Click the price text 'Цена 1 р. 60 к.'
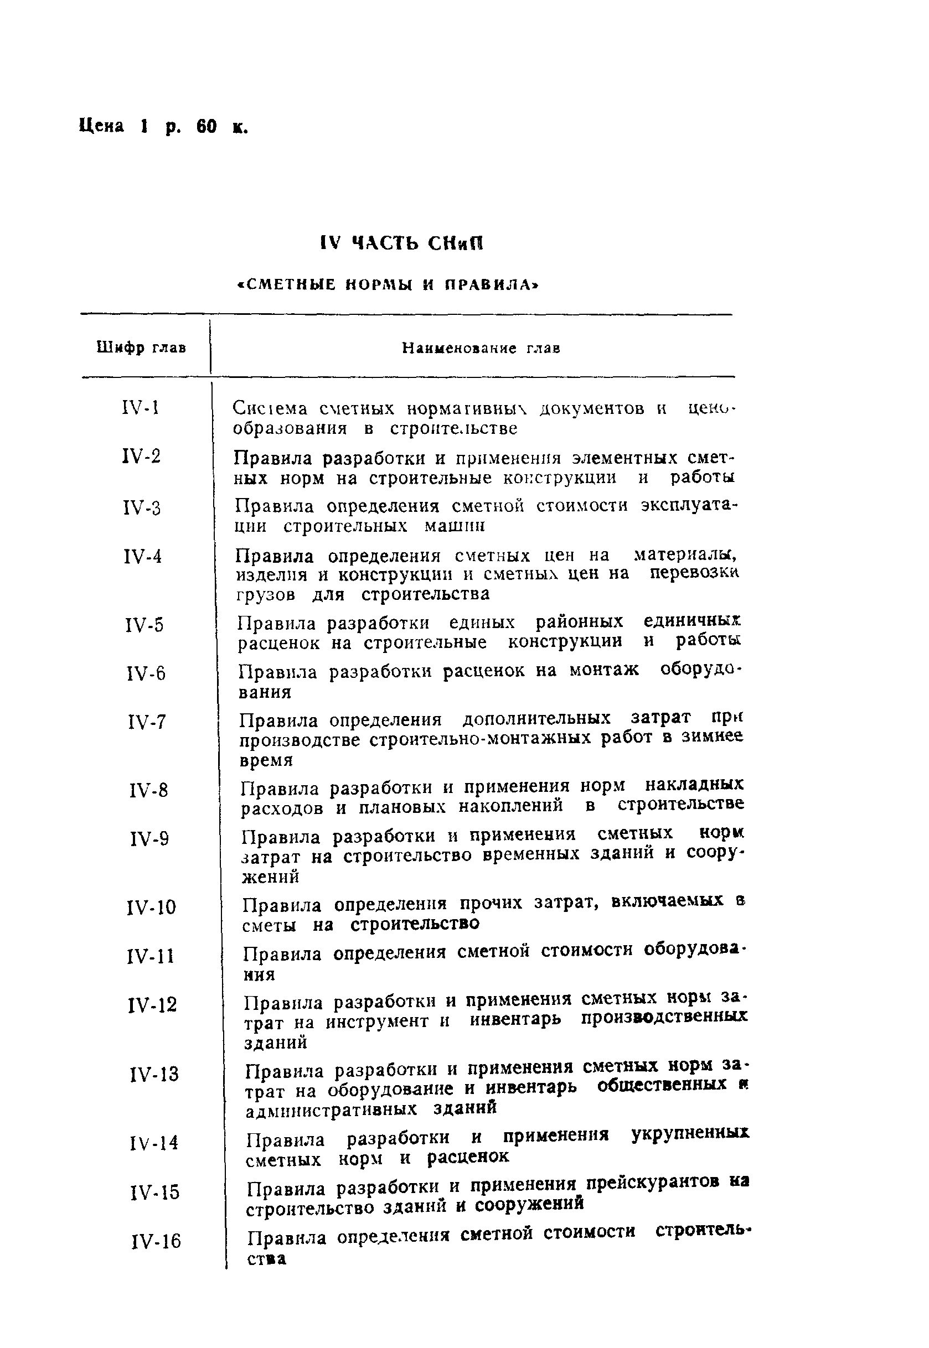coord(163,126)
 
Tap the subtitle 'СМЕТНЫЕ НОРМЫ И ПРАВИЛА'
coord(389,285)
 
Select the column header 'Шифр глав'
coord(141,348)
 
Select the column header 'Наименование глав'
coord(481,349)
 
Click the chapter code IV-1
coord(141,407)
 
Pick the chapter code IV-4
coord(143,557)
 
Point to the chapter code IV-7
coord(146,723)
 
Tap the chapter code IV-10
coord(151,907)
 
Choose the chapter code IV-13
coord(154,1074)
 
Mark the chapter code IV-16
coord(156,1242)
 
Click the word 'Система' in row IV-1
coord(270,408)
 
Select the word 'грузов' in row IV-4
coord(265,594)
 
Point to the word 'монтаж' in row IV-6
coord(603,670)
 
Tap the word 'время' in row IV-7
coord(266,760)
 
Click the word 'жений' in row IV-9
coord(270,875)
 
